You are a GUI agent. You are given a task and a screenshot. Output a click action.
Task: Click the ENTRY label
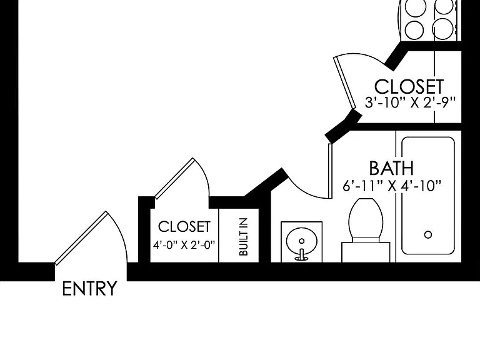point(89,288)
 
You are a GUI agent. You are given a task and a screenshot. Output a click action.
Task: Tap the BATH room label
point(391,168)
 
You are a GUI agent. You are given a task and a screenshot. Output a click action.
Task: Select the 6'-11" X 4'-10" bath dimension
point(392,186)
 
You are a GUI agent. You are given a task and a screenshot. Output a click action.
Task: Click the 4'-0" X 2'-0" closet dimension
point(184,245)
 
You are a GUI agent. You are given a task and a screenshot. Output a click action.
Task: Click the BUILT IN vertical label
point(243,237)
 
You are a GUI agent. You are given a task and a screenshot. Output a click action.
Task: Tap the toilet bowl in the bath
point(366,219)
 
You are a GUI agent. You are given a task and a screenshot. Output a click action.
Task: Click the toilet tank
point(366,252)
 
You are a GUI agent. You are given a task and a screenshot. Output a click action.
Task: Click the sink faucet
point(301,255)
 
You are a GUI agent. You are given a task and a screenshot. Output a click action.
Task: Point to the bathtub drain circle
point(428,235)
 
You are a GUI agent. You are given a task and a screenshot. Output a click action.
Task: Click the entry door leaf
point(81,238)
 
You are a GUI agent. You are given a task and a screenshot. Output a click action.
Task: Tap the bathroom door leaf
point(330,171)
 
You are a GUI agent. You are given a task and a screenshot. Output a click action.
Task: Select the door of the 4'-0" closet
point(174,179)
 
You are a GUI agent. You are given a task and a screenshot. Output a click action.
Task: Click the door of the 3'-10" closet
point(345,82)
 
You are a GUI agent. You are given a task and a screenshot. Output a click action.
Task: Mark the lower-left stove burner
point(414,30)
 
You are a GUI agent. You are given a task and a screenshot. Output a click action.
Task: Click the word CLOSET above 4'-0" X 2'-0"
point(184,227)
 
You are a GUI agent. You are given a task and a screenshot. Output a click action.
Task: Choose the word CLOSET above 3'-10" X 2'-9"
point(409,87)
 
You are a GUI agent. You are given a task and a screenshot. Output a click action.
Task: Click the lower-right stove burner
point(443,29)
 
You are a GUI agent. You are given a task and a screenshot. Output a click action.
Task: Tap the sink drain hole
point(302,241)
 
